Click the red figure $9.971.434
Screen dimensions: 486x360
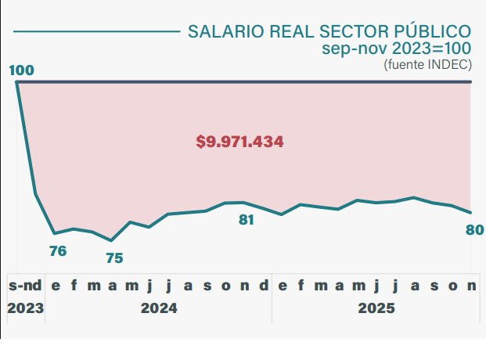[239, 142]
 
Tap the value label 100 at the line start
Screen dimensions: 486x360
[21, 70]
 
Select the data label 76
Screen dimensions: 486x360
[58, 251]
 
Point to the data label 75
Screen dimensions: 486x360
[114, 258]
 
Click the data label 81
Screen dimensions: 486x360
[247, 220]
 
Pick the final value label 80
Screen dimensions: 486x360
[474, 230]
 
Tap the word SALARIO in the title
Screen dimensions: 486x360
[226, 31]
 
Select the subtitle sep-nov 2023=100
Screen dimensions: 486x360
[397, 49]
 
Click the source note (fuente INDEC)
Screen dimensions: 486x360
[428, 64]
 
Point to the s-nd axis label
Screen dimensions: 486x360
[25, 286]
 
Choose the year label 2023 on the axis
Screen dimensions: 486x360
[25, 308]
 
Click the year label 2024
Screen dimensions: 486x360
[159, 308]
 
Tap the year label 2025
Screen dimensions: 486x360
[376, 308]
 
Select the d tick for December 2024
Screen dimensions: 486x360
[264, 286]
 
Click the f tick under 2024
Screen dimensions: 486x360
[74, 286]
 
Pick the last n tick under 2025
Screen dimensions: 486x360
[471, 286]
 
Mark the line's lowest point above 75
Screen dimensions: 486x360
[111, 240]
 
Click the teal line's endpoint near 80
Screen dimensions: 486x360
[470, 212]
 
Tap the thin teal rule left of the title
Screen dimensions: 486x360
[97, 31]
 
